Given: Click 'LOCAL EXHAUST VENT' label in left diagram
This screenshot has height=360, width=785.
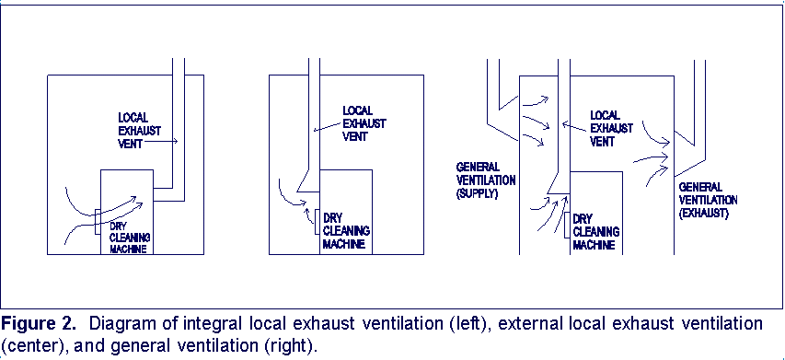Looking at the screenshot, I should (x=138, y=131).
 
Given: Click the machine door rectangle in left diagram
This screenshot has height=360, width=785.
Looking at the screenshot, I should (x=97, y=226).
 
